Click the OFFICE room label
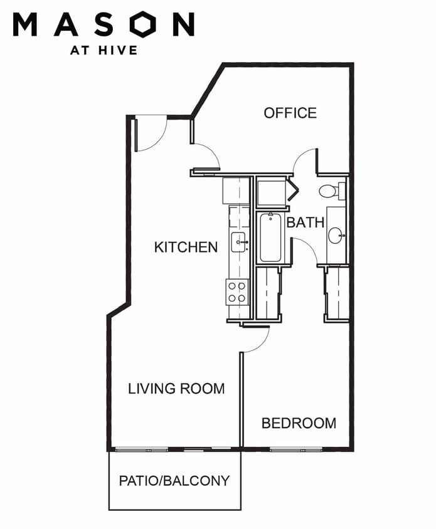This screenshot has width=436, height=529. [x=290, y=113]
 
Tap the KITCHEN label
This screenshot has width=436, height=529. [x=186, y=248]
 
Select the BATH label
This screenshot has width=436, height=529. [x=306, y=223]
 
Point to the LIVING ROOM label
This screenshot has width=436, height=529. [x=176, y=389]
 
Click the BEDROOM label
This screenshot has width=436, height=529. [x=299, y=423]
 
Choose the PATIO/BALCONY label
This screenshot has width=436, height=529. [x=174, y=481]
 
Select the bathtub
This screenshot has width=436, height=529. [x=270, y=238]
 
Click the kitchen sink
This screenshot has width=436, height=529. [x=240, y=242]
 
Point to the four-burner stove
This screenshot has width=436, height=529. [x=237, y=292]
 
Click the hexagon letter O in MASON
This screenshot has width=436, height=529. [x=144, y=24]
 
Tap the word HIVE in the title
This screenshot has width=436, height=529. [x=118, y=50]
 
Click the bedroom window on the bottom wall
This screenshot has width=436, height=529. [x=296, y=449]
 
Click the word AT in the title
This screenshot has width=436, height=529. [x=80, y=50]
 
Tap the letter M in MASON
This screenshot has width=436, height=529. [x=25, y=24]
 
